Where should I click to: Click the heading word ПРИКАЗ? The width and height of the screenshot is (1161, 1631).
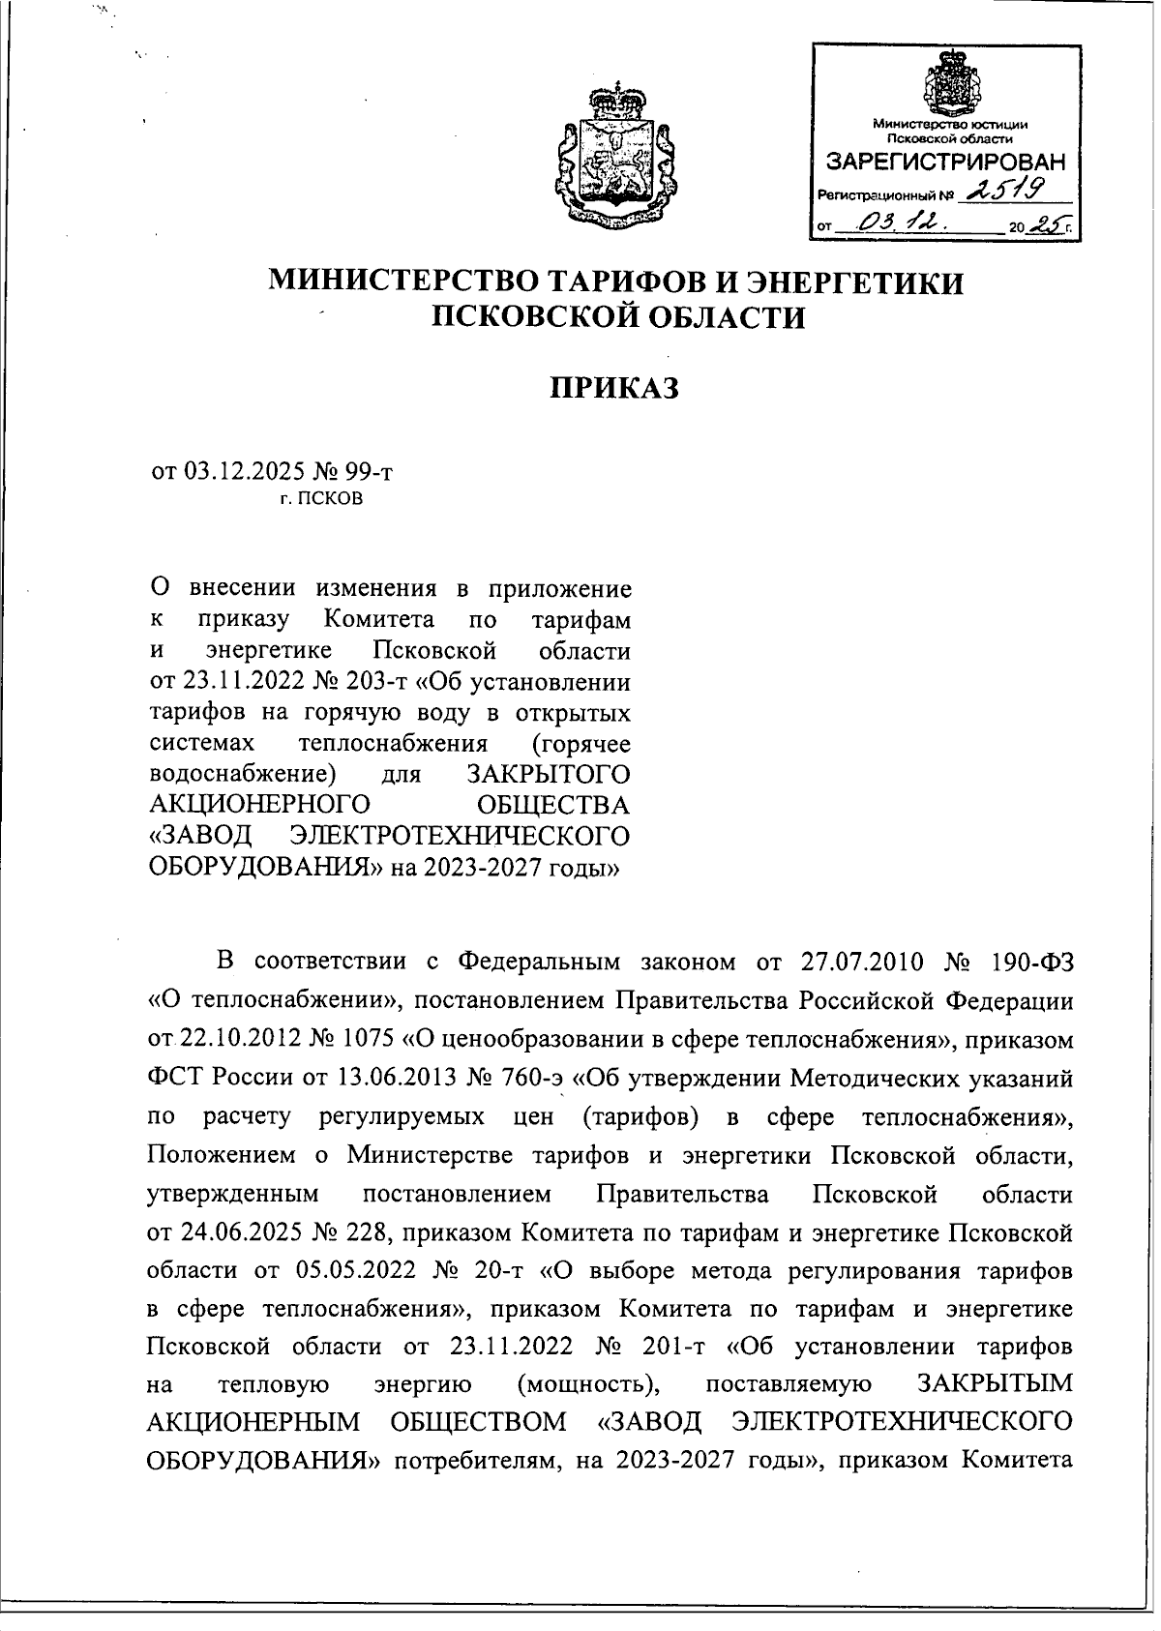click(x=615, y=389)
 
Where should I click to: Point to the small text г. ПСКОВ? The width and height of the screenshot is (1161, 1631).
click(x=322, y=500)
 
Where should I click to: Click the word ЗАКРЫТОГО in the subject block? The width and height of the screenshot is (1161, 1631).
click(x=548, y=775)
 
